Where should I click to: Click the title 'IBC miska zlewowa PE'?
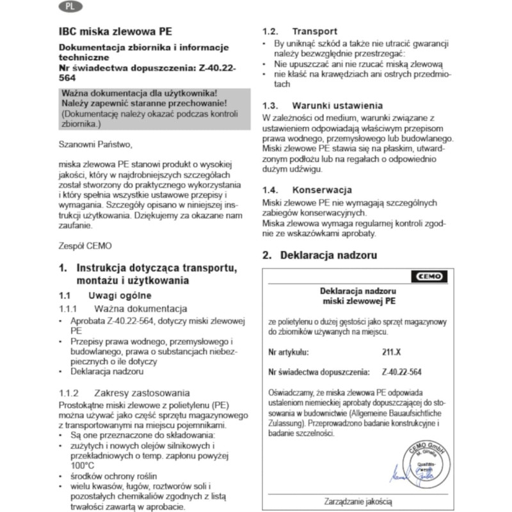115,31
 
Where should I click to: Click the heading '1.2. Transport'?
301,31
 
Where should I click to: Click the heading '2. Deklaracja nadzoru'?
326,255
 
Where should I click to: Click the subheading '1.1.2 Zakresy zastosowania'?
124,393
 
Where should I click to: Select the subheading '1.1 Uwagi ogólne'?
105,296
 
